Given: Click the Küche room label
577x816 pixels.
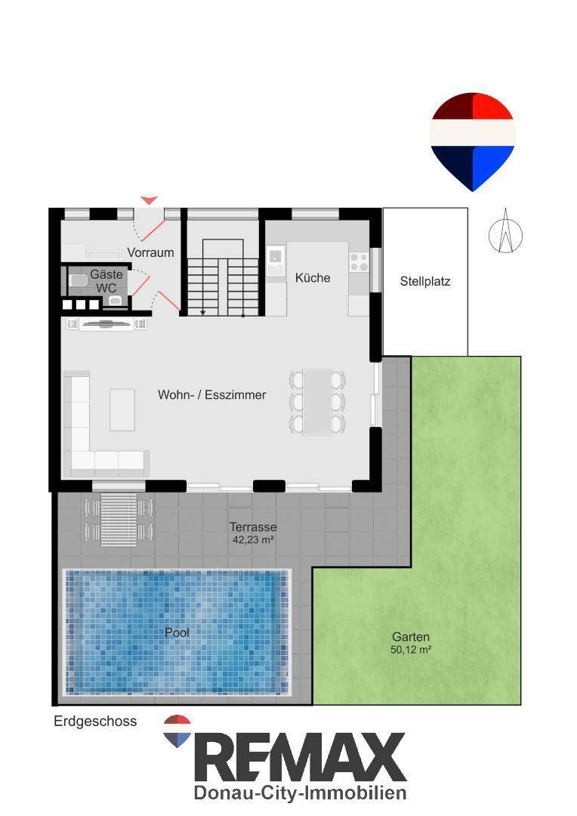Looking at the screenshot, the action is point(313,278).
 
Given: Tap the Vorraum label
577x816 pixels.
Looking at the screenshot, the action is point(150,252).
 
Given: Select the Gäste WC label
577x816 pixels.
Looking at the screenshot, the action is point(106,281).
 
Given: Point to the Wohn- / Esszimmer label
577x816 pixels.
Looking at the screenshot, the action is point(211,394).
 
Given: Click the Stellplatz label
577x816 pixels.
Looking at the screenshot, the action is point(425,282).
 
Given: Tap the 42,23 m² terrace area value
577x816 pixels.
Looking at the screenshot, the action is point(253,540).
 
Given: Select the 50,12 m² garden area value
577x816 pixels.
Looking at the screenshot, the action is point(411,650).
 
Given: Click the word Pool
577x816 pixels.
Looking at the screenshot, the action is point(177,633).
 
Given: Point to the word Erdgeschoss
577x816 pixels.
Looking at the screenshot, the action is point(95,722).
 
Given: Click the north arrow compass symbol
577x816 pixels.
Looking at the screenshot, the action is point(505,232).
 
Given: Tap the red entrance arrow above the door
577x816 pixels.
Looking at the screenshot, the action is point(150,200).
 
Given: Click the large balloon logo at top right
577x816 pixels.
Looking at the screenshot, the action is point(473,141).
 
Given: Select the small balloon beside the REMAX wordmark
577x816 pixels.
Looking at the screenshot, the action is point(177,731).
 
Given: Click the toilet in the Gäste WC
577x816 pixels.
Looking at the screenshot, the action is point(78,281).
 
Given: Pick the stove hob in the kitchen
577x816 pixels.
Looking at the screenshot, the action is point(359,261).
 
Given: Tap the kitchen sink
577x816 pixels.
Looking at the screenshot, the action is point(275,260).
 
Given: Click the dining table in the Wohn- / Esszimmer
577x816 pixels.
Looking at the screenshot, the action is point(317,402).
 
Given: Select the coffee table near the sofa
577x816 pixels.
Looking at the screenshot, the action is point(122,410).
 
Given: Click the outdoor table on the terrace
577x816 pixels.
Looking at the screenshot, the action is point(119,519).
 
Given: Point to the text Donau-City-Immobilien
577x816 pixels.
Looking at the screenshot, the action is point(300,793).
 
